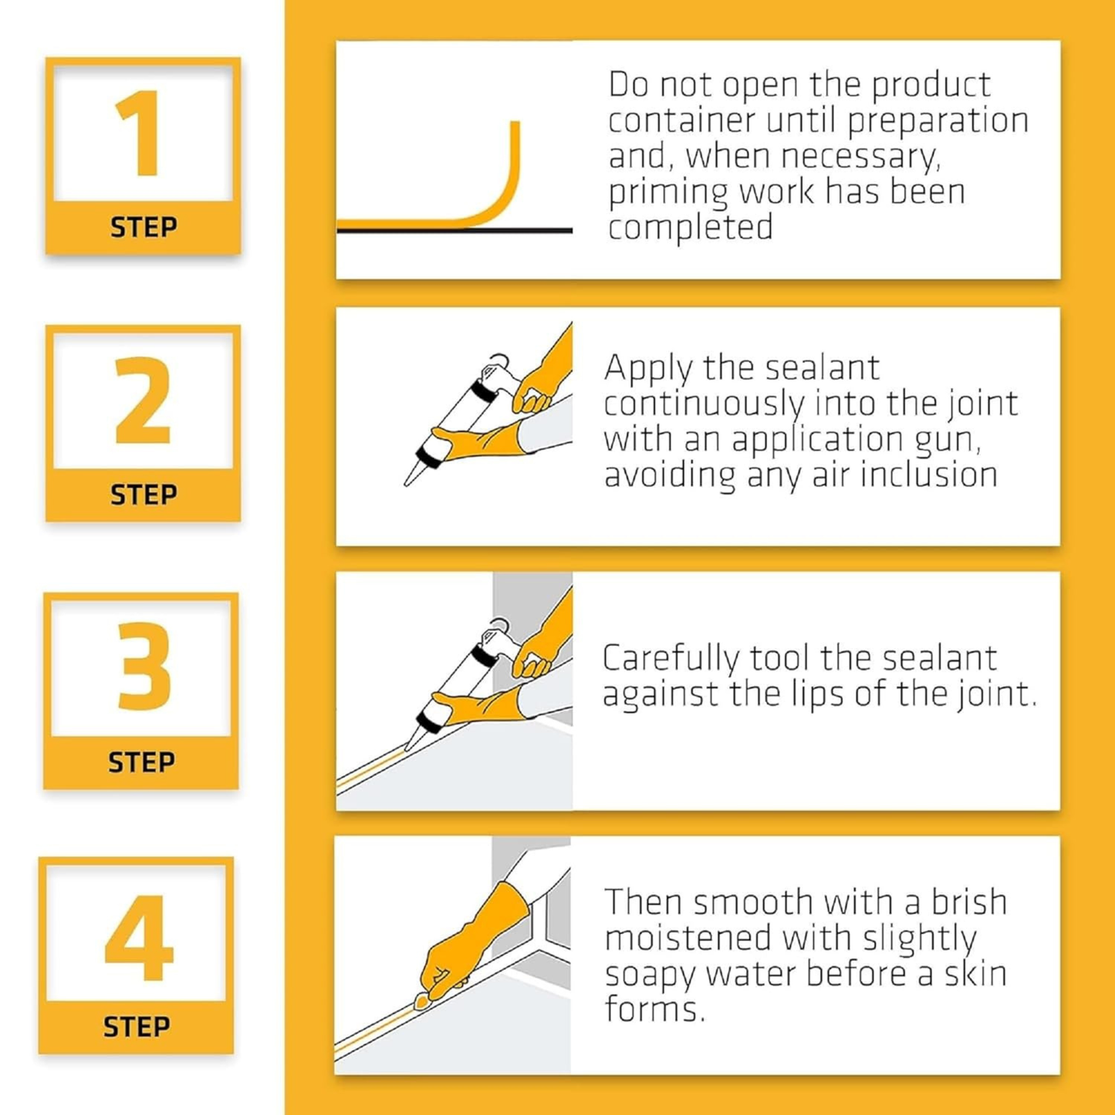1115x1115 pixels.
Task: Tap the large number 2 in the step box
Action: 142,400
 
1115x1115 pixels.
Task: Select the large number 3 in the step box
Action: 144,667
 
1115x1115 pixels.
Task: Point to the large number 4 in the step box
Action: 139,937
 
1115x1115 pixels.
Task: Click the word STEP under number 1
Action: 144,228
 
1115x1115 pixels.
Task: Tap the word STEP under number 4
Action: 137,1027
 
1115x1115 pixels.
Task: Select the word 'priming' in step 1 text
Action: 667,193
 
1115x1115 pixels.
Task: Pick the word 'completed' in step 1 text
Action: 690,228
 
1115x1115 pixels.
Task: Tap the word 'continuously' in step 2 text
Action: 704,404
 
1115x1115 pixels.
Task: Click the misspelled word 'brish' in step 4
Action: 968,902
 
